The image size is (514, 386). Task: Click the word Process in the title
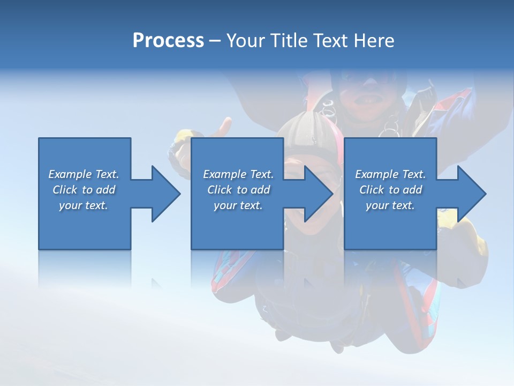[168, 41]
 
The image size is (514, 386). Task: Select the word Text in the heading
[330, 41]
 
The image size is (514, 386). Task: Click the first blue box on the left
[84, 225]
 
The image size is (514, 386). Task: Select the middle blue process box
[237, 225]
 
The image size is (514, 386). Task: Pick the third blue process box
[390, 225]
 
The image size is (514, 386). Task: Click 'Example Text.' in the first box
[84, 174]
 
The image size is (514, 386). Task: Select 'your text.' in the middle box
[238, 205]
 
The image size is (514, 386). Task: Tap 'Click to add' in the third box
[390, 190]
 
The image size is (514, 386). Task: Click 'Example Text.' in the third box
[390, 174]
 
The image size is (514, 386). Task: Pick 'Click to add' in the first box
[84, 190]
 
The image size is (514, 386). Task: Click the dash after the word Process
[215, 41]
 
